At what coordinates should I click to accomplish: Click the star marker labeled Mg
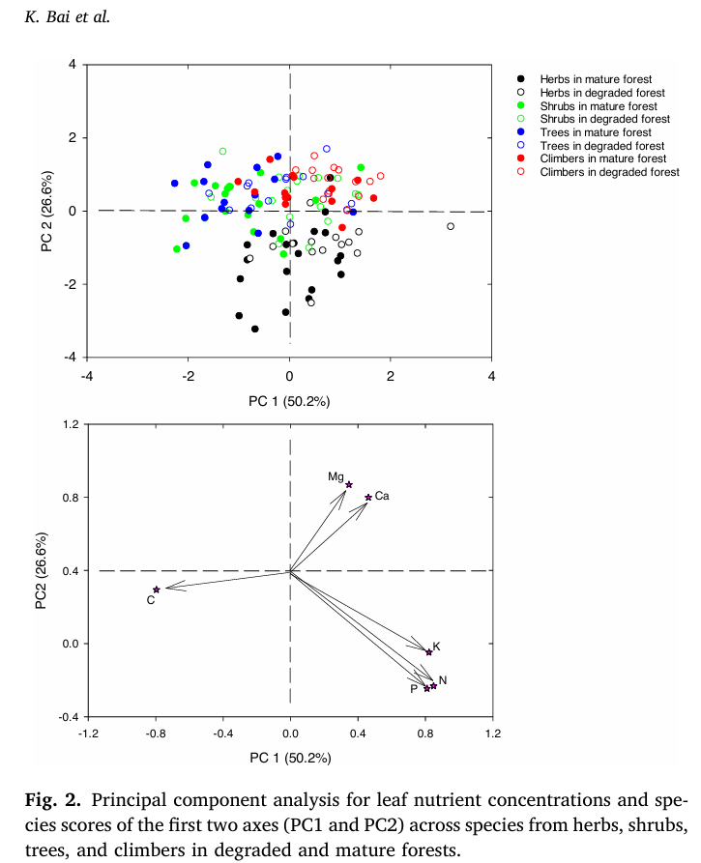pos(349,485)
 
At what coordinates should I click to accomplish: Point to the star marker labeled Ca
pos(368,498)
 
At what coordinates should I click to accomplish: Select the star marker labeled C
pos(157,590)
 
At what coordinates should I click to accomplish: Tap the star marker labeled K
pos(429,652)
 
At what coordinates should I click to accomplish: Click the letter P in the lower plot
pos(413,689)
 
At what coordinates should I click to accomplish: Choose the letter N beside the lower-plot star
pos(443,681)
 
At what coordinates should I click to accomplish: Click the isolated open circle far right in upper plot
pos(451,226)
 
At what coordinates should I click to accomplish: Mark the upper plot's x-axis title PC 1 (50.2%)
pos(289,400)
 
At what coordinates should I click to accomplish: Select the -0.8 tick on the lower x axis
pos(154,734)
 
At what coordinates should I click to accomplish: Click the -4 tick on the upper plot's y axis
pos(70,358)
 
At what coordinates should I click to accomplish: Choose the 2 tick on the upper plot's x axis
pos(391,377)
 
